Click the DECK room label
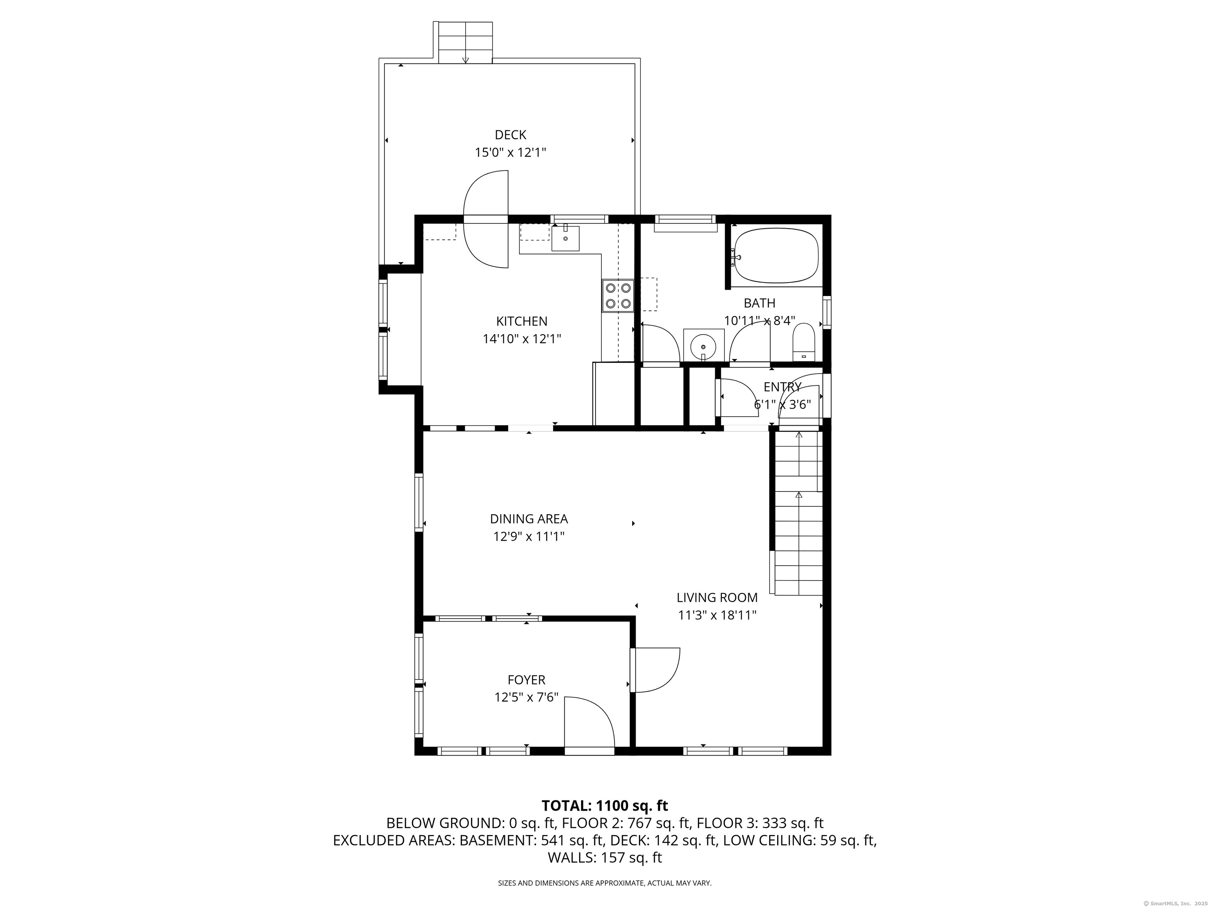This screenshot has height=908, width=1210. [510, 135]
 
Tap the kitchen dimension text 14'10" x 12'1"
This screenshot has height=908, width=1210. [522, 339]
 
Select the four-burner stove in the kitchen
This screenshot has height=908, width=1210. [618, 296]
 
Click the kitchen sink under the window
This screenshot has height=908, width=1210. [565, 238]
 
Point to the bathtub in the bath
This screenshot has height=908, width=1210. [776, 256]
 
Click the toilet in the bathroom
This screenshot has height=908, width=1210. [804, 342]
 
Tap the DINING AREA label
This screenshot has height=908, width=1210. [529, 519]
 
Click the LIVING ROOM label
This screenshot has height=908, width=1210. [717, 598]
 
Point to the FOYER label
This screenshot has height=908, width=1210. [526, 680]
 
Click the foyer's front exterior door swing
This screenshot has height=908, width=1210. [590, 722]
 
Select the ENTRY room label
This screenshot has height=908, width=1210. [782, 387]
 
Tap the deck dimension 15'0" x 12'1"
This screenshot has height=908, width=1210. [510, 152]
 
